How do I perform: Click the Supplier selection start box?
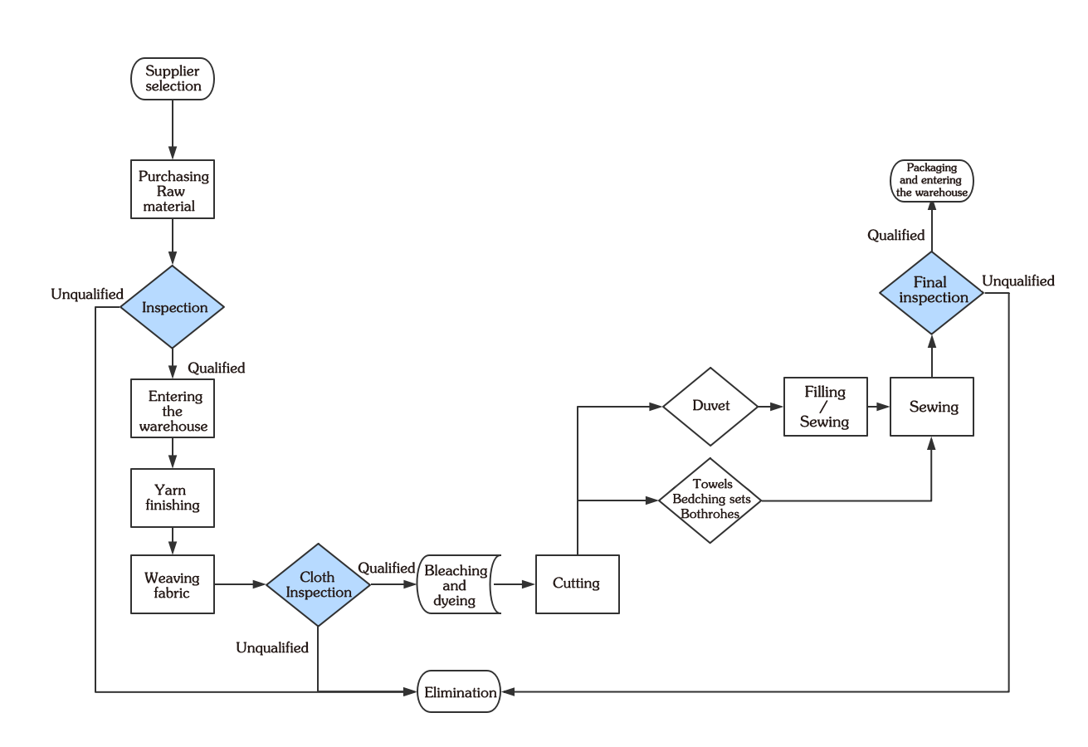[173, 79]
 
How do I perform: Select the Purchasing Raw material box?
[173, 190]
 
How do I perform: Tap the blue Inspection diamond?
[173, 307]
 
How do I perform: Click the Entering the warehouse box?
[173, 409]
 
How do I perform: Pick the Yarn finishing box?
[173, 498]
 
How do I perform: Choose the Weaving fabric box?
[173, 585]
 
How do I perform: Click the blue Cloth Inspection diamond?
[318, 585]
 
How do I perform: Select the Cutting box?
[577, 584]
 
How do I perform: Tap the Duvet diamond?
[710, 407]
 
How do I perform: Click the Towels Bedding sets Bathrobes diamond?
[710, 500]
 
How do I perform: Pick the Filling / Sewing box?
[825, 407]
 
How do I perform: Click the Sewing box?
[932, 407]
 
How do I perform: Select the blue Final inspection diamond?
[932, 290]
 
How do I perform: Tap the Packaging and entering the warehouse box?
[932, 181]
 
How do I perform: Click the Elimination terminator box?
[459, 692]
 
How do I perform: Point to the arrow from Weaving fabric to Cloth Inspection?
[240, 585]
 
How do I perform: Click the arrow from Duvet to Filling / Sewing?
[771, 407]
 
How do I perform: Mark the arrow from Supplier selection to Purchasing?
[173, 129]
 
